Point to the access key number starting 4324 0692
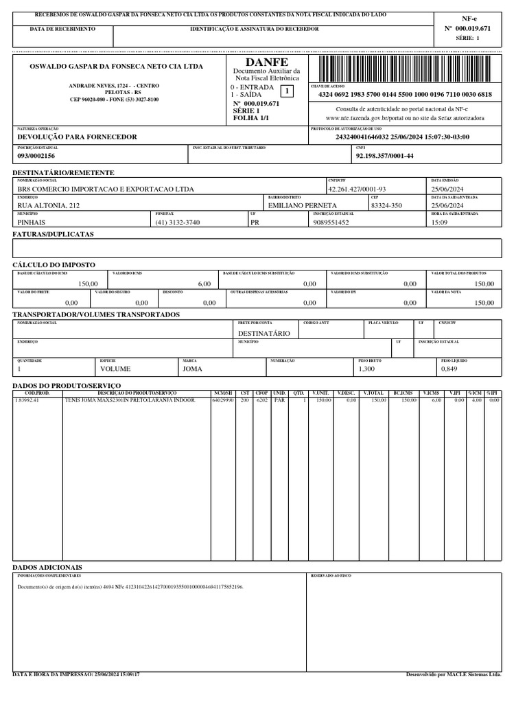(405, 95)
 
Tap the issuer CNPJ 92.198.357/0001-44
(384, 156)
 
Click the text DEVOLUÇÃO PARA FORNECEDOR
(77, 137)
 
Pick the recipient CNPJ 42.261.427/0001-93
(357, 189)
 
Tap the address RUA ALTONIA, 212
(49, 205)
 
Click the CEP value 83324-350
(386, 205)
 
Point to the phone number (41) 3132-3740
(177, 222)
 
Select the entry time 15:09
(439, 222)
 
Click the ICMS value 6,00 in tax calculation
(204, 284)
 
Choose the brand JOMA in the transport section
(192, 369)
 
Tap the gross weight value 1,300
(367, 369)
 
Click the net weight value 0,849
(449, 369)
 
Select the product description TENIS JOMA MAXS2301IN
(130, 400)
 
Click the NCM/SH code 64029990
(224, 400)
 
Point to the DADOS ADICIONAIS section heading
(47, 567)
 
